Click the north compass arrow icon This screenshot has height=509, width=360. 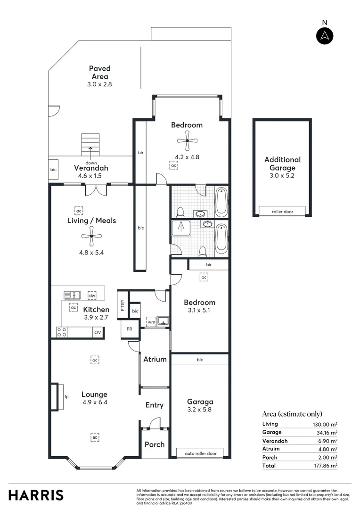tap(325, 36)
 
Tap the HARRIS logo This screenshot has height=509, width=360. tap(36, 495)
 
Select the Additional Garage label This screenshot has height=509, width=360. tap(282, 164)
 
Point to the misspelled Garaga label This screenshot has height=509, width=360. tap(200, 402)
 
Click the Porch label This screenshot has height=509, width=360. tap(155, 444)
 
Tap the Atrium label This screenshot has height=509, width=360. tap(155, 359)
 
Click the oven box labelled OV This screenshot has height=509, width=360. tap(98, 332)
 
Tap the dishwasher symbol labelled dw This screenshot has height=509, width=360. tap(92, 296)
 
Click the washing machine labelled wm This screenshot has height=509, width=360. tap(151, 322)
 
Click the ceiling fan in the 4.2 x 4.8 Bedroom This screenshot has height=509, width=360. tap(187, 140)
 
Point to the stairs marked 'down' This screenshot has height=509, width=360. tap(90, 145)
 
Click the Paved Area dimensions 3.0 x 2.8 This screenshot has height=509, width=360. tap(99, 84)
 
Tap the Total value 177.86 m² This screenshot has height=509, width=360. tap(327, 466)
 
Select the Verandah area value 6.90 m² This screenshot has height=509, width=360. tap(327, 441)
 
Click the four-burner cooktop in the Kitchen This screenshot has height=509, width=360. tap(62, 332)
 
